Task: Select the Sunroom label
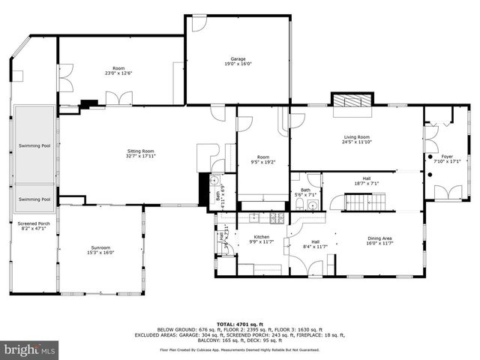[x=100, y=250]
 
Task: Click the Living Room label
[x=357, y=139]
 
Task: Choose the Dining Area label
[x=379, y=241]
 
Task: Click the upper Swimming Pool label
[x=34, y=145]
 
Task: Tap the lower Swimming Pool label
[x=34, y=199]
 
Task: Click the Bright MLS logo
[x=30, y=349]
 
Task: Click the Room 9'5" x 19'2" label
[x=262, y=159]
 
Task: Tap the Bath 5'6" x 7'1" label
[x=306, y=193]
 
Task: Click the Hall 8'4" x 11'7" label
[x=316, y=244]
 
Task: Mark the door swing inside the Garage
[x=200, y=23]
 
